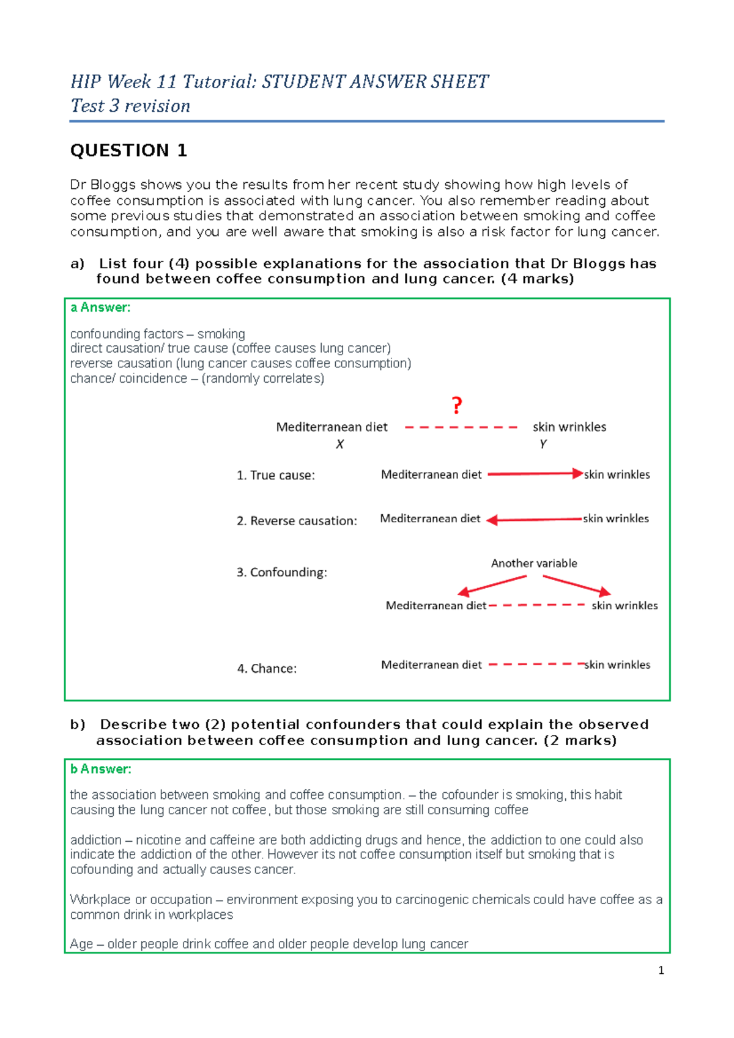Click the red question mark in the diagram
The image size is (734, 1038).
point(457,405)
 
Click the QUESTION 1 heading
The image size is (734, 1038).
point(128,150)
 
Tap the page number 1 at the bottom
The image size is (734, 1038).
point(661,970)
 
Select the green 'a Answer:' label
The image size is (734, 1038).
point(100,307)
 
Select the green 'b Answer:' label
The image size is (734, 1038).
point(100,769)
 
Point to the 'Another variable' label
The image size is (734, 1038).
point(534,563)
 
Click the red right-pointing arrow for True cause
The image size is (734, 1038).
point(535,474)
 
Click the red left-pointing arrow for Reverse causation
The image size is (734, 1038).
point(534,519)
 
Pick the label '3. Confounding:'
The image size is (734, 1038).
point(281,572)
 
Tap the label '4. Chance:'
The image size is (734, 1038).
point(267,669)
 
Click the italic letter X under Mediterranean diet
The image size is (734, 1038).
point(339,444)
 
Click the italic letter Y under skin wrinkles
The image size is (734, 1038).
point(543,444)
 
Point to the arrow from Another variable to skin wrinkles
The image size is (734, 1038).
point(577,585)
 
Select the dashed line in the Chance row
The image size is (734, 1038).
point(536,664)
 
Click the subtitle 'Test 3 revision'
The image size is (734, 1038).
point(130,106)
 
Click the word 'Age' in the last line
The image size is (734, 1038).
point(81,944)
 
